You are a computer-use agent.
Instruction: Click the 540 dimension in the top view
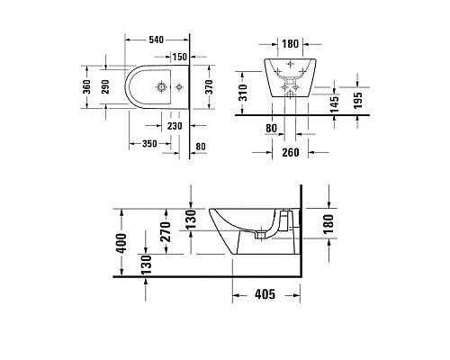coord(156,40)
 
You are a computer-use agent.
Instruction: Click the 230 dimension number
coord(175,125)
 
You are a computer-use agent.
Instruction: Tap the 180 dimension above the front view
coord(289,43)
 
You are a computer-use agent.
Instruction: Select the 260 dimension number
coord(289,152)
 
